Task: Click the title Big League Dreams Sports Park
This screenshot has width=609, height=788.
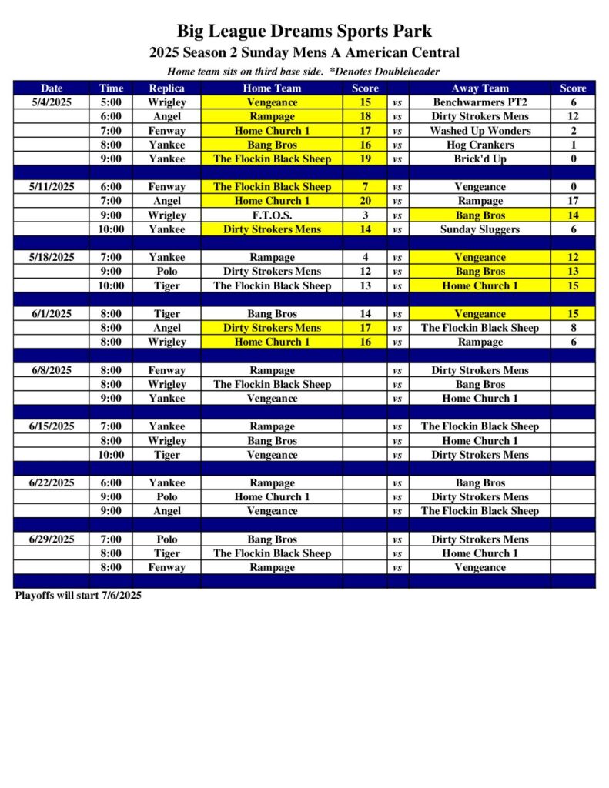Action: point(304,32)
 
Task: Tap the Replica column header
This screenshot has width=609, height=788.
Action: point(166,88)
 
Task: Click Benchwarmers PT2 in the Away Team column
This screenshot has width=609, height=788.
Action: point(480,102)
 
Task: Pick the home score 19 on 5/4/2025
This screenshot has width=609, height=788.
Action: point(365,159)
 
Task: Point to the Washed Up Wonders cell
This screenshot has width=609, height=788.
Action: point(480,131)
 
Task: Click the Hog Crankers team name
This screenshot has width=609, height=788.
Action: point(480,145)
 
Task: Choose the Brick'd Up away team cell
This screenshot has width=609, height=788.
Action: point(480,159)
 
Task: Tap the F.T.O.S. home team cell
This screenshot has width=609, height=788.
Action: point(272,215)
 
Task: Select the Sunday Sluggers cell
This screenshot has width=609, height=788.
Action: point(480,229)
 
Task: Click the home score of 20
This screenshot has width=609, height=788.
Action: point(365,201)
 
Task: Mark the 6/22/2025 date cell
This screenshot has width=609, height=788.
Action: point(52,482)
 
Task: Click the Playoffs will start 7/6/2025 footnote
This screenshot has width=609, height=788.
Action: point(79,595)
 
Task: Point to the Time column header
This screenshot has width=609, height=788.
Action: point(111,88)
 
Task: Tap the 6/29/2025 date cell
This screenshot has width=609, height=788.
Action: point(52,539)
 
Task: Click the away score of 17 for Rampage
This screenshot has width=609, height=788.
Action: point(573,201)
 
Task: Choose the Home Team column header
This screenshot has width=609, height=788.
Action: point(272,88)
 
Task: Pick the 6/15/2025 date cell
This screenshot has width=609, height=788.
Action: point(52,426)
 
